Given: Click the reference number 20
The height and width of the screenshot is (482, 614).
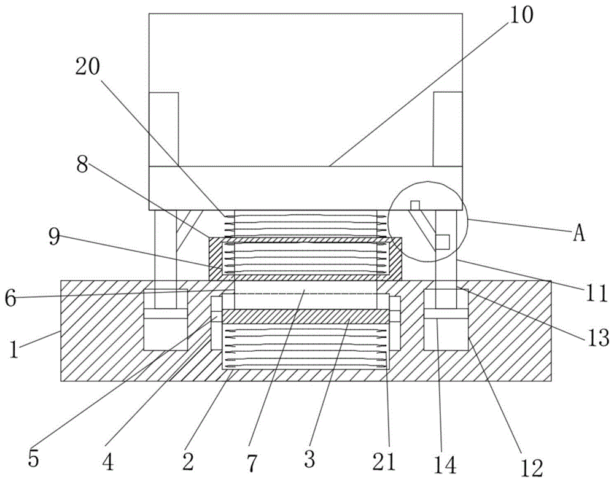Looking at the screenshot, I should (x=90, y=67).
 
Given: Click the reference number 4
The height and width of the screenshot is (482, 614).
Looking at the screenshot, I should (x=108, y=462).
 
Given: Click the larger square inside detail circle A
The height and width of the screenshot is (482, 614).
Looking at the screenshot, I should (x=442, y=241).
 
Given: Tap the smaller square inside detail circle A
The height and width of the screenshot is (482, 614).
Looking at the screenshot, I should (x=415, y=204).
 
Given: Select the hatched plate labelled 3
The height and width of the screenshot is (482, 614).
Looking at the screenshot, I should (x=305, y=317).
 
